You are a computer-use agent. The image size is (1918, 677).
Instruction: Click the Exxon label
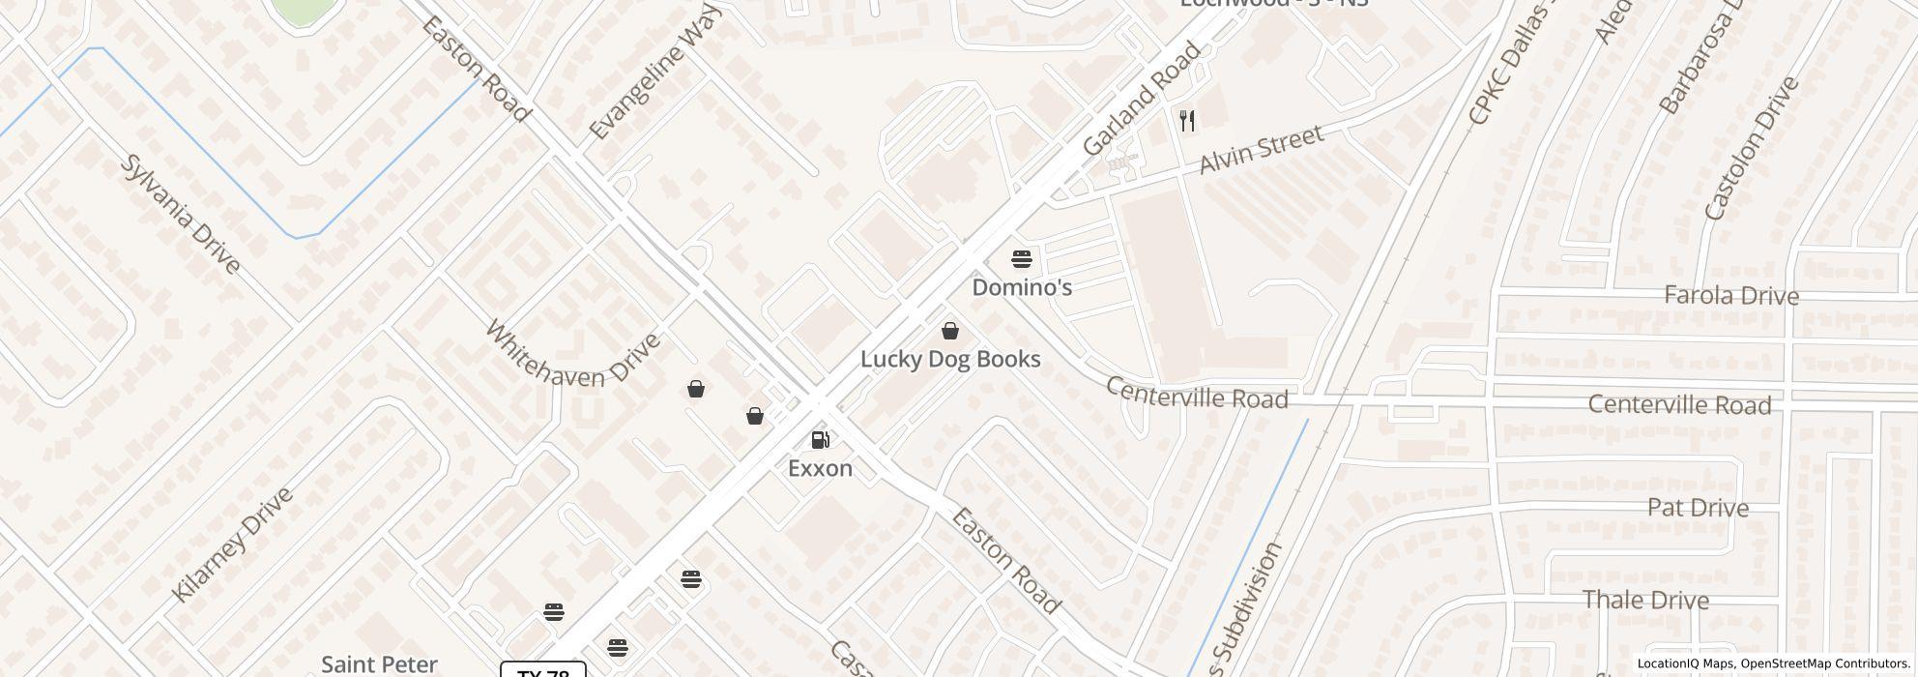[820, 469]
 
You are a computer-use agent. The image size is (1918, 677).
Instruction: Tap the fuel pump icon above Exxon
[820, 440]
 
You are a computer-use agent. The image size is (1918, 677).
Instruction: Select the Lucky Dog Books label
[950, 360]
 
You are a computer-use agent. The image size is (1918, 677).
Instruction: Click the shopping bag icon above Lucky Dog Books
[950, 331]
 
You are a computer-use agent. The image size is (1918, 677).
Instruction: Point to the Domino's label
[1022, 288]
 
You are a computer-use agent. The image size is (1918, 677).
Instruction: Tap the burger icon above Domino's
[1022, 259]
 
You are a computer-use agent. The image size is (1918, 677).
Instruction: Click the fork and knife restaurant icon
[1188, 121]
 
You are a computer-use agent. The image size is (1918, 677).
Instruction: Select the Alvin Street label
[1261, 151]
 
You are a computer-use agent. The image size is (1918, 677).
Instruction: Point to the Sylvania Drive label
[181, 213]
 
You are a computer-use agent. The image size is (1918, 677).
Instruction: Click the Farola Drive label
[1730, 296]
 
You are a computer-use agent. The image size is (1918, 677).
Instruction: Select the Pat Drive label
[1698, 509]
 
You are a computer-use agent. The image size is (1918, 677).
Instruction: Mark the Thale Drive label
[1645, 601]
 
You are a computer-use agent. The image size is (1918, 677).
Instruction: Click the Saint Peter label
[379, 664]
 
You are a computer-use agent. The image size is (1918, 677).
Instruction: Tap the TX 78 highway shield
[543, 671]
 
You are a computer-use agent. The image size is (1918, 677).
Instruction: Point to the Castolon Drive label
[1751, 148]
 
